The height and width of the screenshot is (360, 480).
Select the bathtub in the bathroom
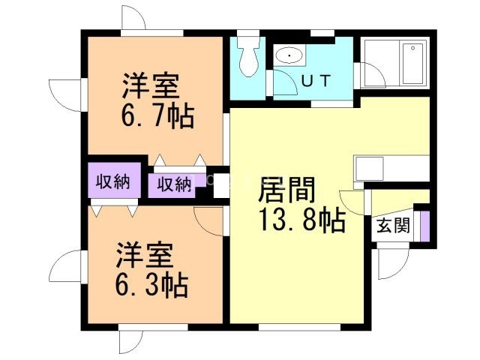412,64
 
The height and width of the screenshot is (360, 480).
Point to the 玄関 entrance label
393,225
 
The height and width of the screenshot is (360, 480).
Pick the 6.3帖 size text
150,285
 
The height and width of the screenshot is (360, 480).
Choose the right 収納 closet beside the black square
173,184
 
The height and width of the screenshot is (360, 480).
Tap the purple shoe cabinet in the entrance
424,226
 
